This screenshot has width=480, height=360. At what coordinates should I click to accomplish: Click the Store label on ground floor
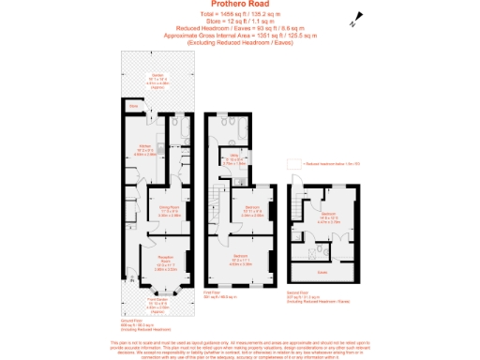coord(134,108)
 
